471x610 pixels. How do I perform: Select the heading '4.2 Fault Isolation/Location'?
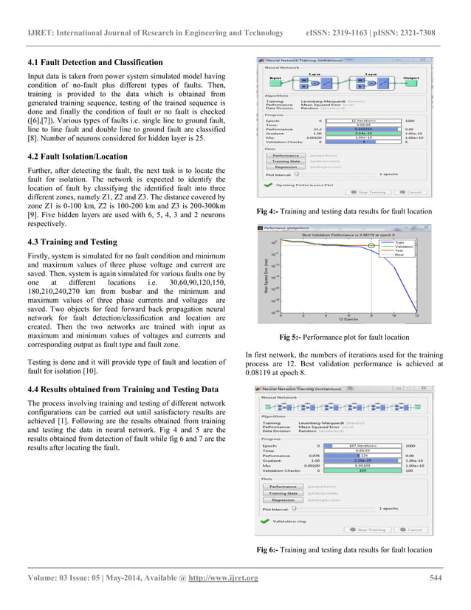[78, 157]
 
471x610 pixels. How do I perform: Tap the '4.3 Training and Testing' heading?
[72, 241]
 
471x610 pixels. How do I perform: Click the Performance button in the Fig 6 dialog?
[282, 487]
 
